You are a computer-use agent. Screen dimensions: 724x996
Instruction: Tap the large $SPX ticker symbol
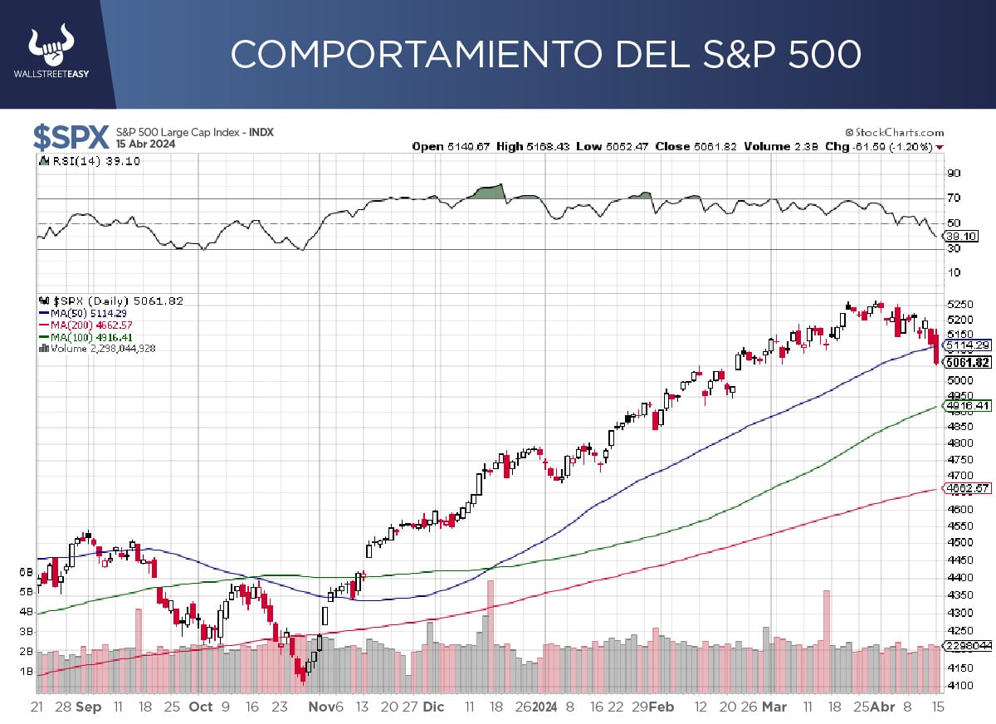(x=71, y=136)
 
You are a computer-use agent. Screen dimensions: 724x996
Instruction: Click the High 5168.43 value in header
(x=524, y=147)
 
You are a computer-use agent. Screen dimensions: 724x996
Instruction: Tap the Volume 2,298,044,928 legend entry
(x=101, y=349)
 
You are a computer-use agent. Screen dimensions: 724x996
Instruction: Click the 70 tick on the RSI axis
(x=954, y=198)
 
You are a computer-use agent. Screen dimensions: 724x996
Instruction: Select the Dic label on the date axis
(x=433, y=707)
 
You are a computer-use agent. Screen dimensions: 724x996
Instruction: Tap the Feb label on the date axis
(x=662, y=707)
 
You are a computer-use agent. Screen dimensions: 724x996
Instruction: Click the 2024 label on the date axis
(x=544, y=707)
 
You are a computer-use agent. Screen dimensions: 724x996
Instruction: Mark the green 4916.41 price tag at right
(x=967, y=405)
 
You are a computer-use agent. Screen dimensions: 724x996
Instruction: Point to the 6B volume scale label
(x=26, y=572)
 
